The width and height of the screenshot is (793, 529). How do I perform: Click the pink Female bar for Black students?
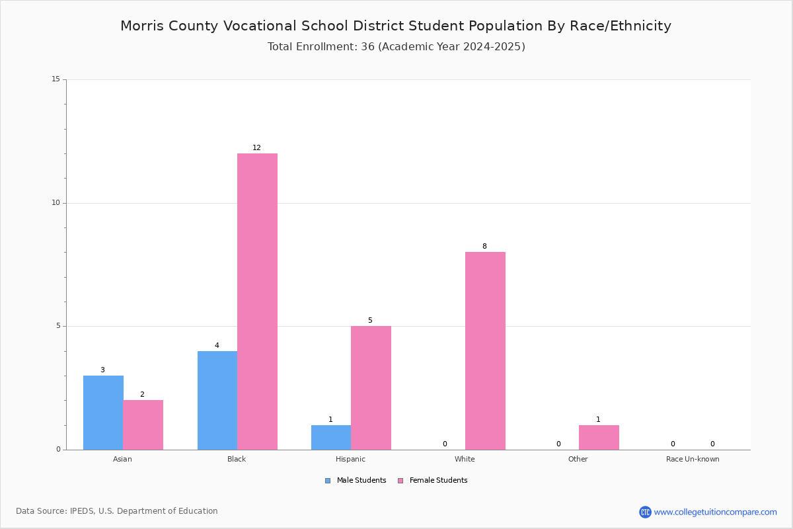[x=257, y=302]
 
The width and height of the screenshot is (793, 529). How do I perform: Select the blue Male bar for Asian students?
[x=103, y=413]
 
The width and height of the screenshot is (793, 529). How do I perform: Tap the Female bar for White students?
[x=485, y=350]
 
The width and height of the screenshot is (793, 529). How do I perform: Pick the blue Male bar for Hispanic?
[x=331, y=438]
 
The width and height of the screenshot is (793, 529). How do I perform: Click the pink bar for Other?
[x=599, y=438]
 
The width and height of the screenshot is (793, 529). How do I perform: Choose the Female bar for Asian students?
[x=143, y=425]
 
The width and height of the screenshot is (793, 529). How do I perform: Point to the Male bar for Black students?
[x=217, y=400]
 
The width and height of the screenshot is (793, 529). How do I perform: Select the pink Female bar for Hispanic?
[x=371, y=388]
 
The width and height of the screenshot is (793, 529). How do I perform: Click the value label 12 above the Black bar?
[x=256, y=147]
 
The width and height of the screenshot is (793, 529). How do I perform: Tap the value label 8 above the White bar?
[x=484, y=246]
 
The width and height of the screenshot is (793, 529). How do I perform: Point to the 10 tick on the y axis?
[x=56, y=202]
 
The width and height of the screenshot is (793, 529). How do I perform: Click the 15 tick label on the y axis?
[x=56, y=79]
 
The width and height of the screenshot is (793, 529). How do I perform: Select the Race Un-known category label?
[x=693, y=459]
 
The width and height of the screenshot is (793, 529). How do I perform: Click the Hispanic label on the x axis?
[x=350, y=459]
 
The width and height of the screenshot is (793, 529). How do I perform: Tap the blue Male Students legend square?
[x=328, y=481]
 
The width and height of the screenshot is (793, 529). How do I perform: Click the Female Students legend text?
[x=439, y=481]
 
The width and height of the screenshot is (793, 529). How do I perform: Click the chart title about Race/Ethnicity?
[x=396, y=26]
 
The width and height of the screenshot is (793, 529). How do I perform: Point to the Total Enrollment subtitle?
[x=396, y=47]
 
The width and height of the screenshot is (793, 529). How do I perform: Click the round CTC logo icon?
[x=645, y=512]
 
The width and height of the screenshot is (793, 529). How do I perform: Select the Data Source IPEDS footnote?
[x=117, y=511]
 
